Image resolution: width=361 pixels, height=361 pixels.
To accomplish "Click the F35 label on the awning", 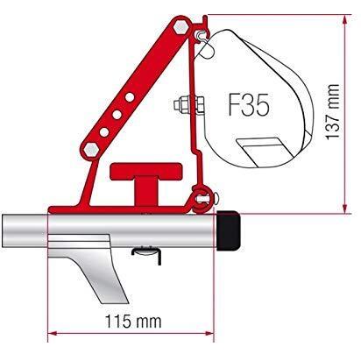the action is coord(248,105).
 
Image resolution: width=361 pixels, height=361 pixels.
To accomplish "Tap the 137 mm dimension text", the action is coord(332,112).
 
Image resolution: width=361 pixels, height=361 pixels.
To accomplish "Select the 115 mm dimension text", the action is coord(133,322).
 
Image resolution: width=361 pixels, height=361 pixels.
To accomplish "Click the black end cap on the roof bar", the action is coord(229,230).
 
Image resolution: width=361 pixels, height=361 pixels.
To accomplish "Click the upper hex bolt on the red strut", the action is coord(180,27).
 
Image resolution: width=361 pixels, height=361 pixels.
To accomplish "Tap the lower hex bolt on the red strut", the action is coord(90,150).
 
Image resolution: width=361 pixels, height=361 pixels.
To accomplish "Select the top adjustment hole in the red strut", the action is coord(130,97).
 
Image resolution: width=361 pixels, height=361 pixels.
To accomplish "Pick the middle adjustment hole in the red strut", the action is coord(117,115).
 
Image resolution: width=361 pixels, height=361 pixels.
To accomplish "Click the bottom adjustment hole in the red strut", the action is coord(104,132).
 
